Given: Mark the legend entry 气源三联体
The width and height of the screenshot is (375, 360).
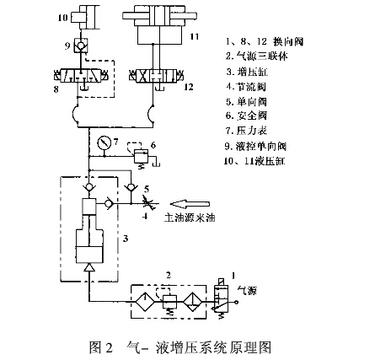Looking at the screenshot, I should [x=256, y=55].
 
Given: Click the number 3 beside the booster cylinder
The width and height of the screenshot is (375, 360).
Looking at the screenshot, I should [x=126, y=239].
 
